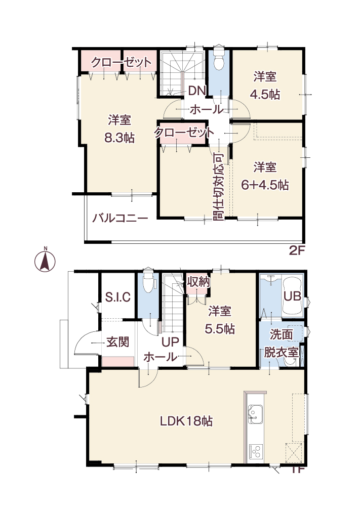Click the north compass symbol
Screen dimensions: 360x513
[45, 261]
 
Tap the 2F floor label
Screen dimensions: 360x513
[297, 250]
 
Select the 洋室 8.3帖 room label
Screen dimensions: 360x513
[119, 129]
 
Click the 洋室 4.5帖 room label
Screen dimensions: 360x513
[265, 85]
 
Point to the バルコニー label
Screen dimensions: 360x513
[120, 218]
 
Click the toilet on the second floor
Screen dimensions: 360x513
[218, 57]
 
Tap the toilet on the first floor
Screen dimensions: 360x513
[148, 280]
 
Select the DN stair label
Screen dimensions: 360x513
[196, 91]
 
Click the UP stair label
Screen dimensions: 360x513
[170, 342]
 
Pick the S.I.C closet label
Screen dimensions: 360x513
[118, 297]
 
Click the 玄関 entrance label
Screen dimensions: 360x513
[118, 342]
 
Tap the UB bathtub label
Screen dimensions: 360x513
[292, 296]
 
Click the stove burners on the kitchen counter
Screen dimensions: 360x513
[256, 452]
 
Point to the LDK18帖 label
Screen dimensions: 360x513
[186, 421]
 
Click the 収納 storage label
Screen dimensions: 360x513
[198, 282]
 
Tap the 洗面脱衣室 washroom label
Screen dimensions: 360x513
[282, 344]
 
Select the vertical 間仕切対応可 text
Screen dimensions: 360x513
[219, 187]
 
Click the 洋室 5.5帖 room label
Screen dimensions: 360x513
[220, 320]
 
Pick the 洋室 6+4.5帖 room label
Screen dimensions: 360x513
[265, 176]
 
